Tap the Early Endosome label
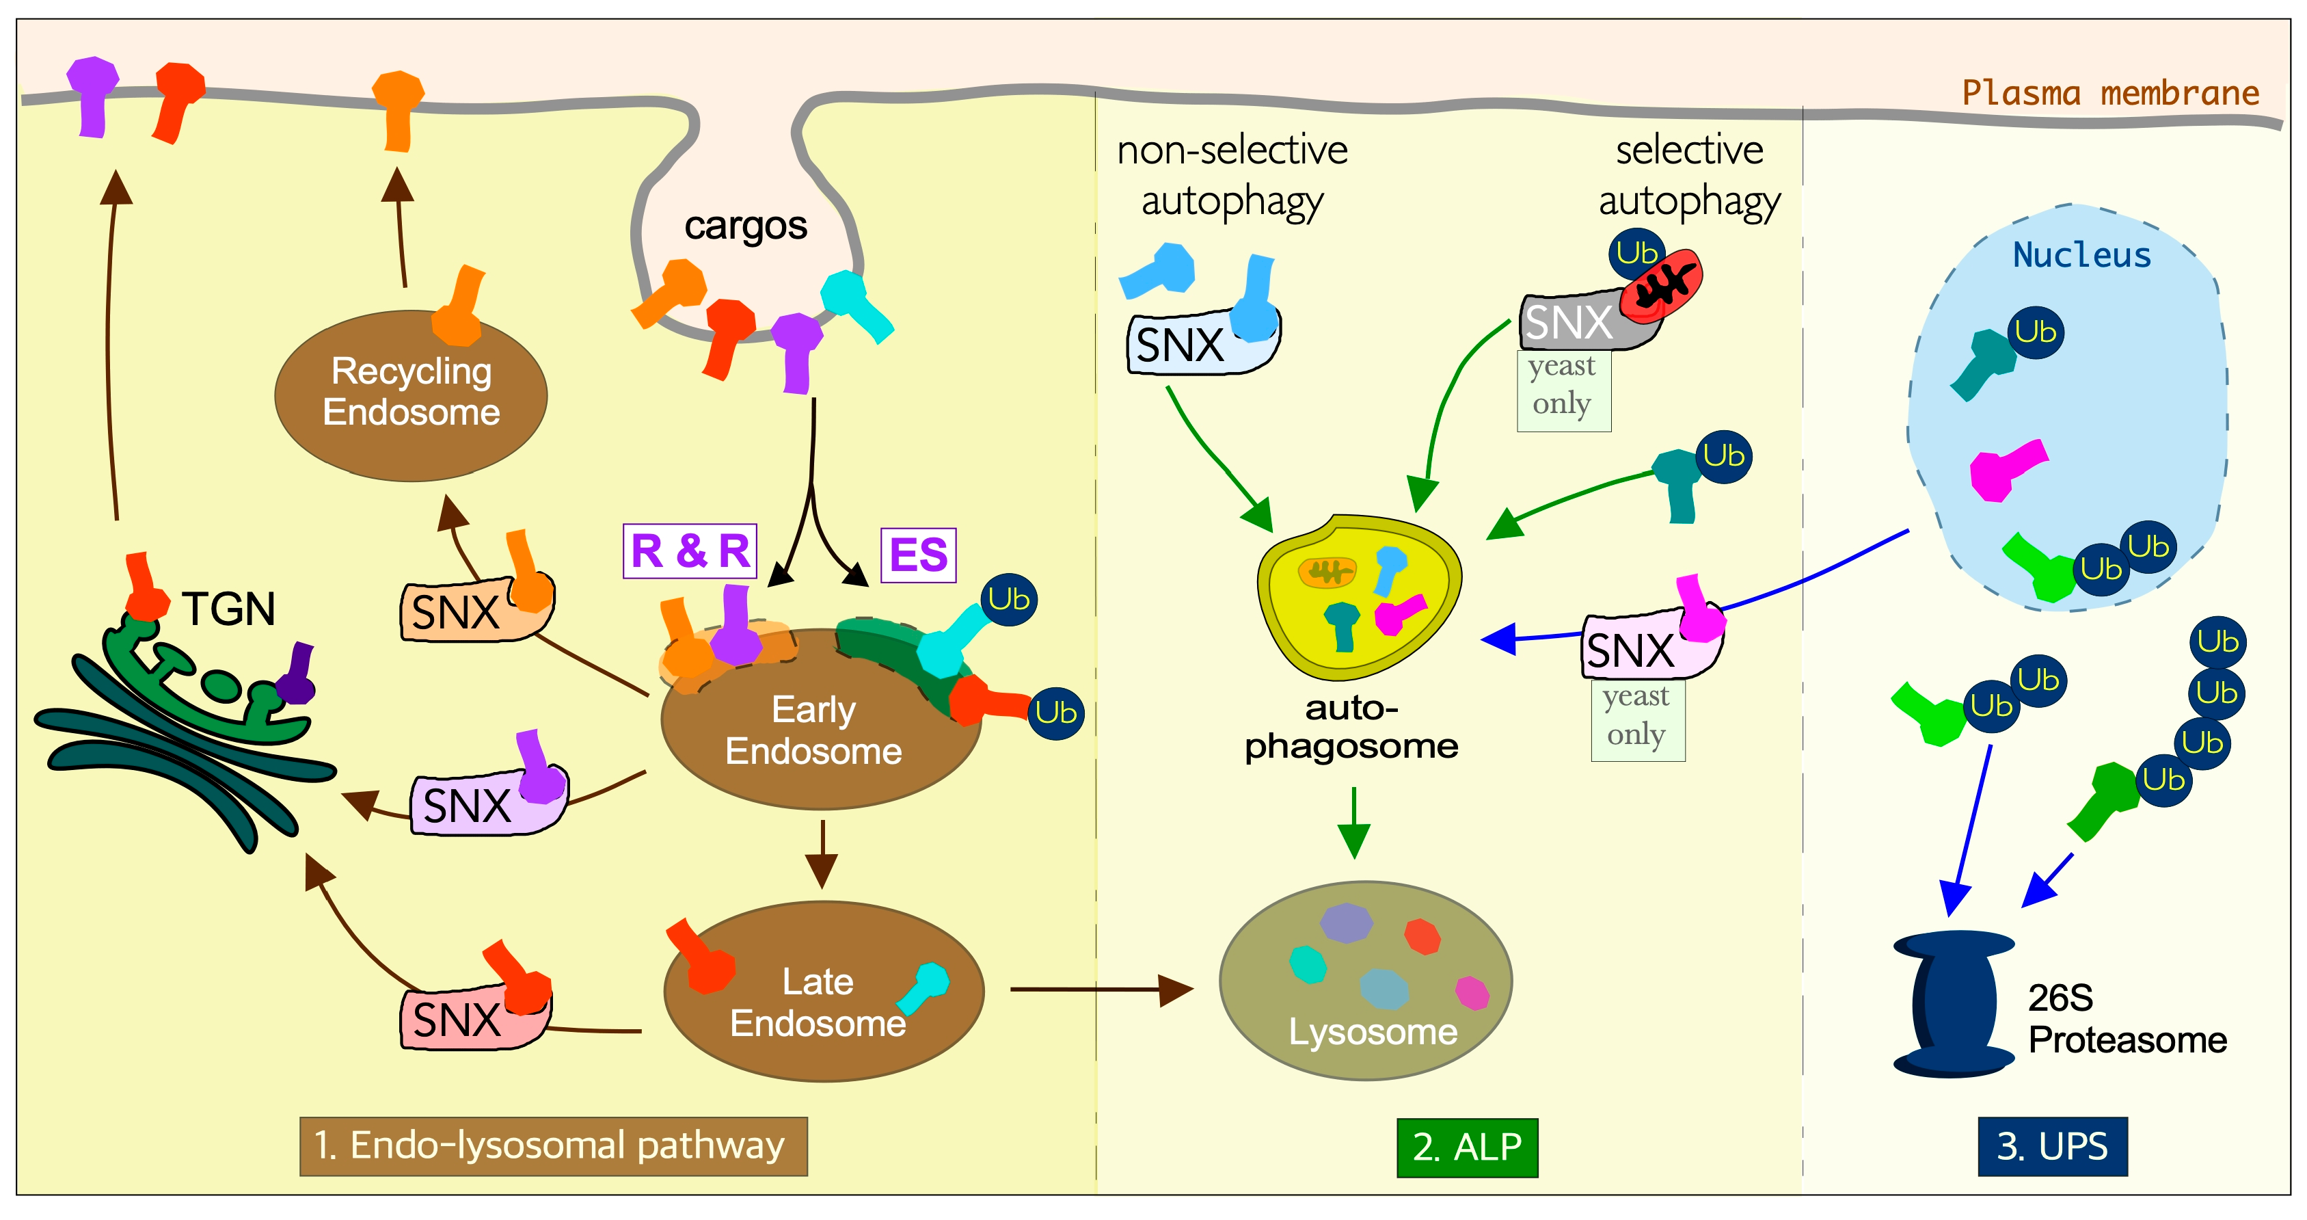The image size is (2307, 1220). tap(813, 730)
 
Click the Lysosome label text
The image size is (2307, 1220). tap(1372, 1032)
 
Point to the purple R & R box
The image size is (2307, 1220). tap(690, 551)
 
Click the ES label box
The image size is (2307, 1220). tap(918, 555)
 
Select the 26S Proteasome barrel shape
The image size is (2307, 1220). tap(1952, 1003)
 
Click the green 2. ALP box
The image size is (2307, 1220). tap(1466, 1148)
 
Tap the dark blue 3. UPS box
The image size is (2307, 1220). tap(2052, 1147)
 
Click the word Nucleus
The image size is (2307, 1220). tap(2081, 255)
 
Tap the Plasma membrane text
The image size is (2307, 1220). tap(2110, 93)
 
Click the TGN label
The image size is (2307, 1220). tap(228, 609)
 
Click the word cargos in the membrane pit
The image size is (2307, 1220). tap(745, 226)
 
